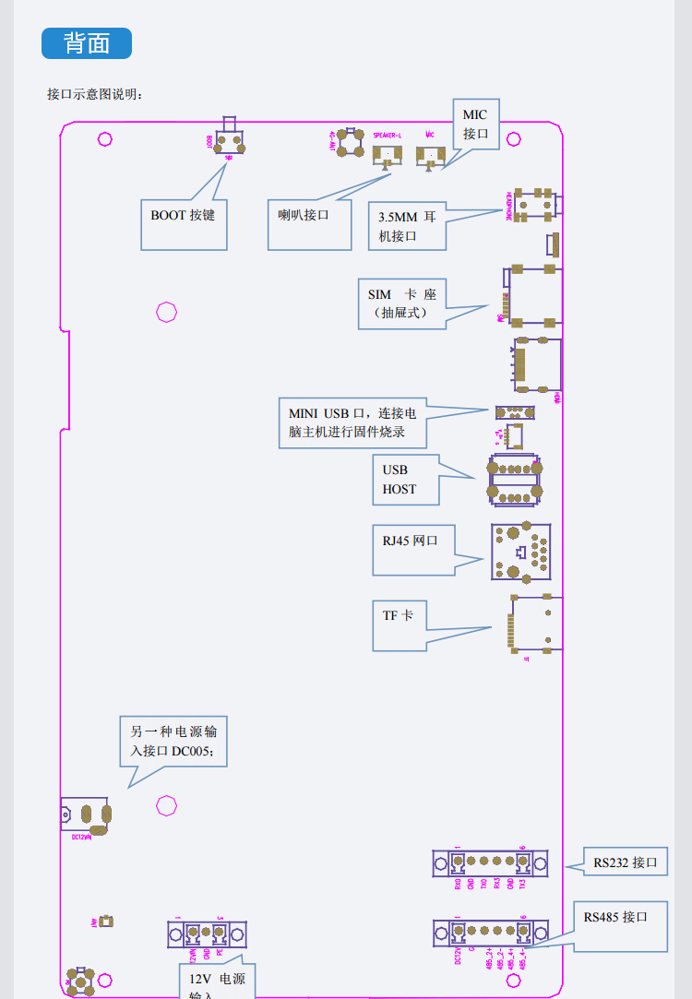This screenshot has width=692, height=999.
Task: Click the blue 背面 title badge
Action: pos(87,43)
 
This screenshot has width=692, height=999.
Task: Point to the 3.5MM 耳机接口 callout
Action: pos(407,226)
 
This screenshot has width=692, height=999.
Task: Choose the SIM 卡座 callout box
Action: pos(402,303)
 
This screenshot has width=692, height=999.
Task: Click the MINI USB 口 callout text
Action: pos(352,422)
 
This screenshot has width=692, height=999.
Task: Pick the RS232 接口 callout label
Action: pos(626,862)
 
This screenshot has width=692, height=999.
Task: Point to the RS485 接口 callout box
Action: pos(620,925)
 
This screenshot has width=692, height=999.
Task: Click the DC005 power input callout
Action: pos(173,741)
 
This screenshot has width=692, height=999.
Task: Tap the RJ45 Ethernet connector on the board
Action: pos(521,553)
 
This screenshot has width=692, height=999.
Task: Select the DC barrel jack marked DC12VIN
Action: pos(86,815)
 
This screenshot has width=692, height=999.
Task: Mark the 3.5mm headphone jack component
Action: pos(535,204)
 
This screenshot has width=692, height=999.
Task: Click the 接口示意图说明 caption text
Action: pos(95,94)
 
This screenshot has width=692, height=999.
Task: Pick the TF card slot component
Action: pos(536,624)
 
